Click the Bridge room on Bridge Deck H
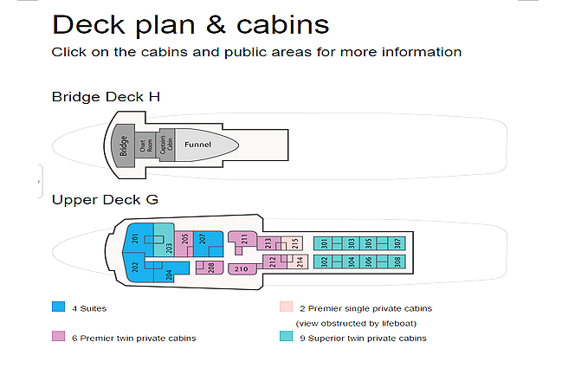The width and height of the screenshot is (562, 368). tap(123, 145)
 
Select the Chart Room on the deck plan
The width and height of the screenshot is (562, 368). tap(145, 145)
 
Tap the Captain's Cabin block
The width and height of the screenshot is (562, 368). tap(166, 145)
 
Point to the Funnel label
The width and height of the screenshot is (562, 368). tap(197, 145)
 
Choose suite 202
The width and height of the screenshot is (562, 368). tap(135, 267)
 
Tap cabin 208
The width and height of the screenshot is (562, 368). tap(210, 268)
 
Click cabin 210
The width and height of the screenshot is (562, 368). tap(242, 268)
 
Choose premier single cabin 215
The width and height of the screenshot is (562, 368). tap(294, 243)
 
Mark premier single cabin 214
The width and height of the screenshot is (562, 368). tap(299, 261)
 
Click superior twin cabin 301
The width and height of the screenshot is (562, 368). tap(324, 243)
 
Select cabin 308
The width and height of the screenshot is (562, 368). tap(397, 261)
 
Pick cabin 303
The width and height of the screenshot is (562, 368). tap(352, 243)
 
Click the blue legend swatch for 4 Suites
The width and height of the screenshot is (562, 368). tap(58, 307)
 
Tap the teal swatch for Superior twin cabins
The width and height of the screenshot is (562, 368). tap(286, 336)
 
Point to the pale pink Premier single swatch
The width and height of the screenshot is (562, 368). tap(286, 307)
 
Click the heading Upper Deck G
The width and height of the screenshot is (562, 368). tap(105, 200)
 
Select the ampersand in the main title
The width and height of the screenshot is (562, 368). tap(216, 25)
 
